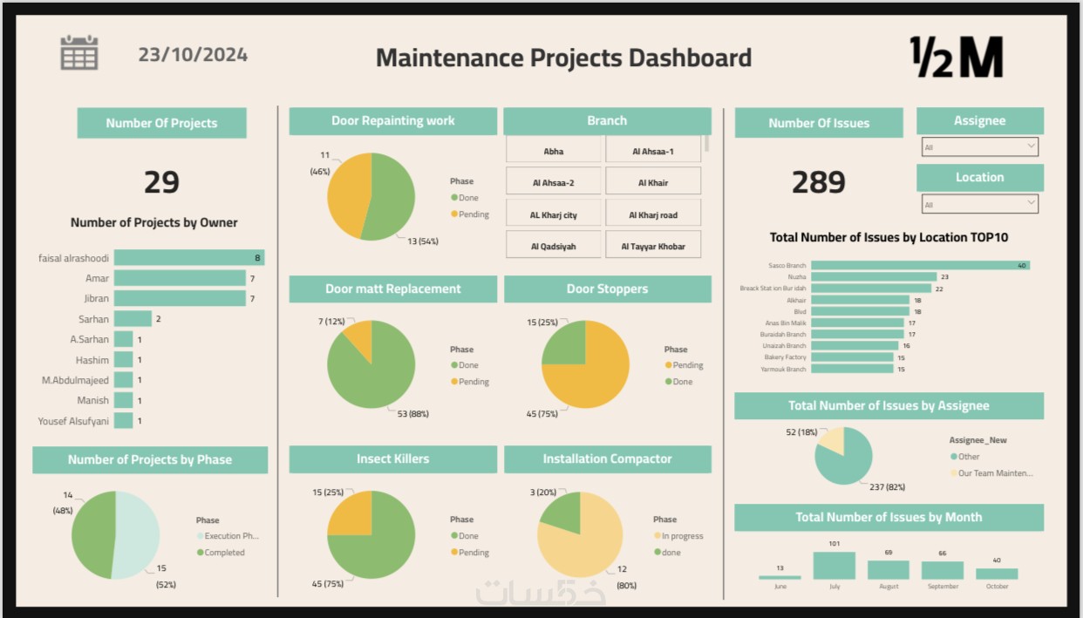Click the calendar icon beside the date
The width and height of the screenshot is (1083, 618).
point(78,53)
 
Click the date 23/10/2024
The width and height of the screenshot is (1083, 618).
point(193,55)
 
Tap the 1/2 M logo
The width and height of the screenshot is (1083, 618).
point(956,58)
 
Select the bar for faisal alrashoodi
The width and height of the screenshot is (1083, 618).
point(188,258)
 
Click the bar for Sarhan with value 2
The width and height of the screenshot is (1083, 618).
point(133,319)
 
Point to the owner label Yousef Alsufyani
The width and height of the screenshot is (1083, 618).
point(73,421)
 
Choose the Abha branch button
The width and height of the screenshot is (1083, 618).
point(554,152)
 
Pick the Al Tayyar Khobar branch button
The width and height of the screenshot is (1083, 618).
point(653,247)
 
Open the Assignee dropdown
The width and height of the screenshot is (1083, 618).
point(979,147)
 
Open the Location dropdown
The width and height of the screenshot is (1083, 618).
point(979,204)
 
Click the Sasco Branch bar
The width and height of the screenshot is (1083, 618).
point(920,265)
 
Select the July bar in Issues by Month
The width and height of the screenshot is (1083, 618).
point(834,566)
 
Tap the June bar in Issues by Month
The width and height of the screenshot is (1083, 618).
point(780,577)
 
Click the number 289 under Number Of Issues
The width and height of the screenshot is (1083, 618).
point(818,182)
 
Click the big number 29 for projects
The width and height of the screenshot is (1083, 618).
point(161,182)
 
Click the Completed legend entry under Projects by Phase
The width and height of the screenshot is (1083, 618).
point(224,553)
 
